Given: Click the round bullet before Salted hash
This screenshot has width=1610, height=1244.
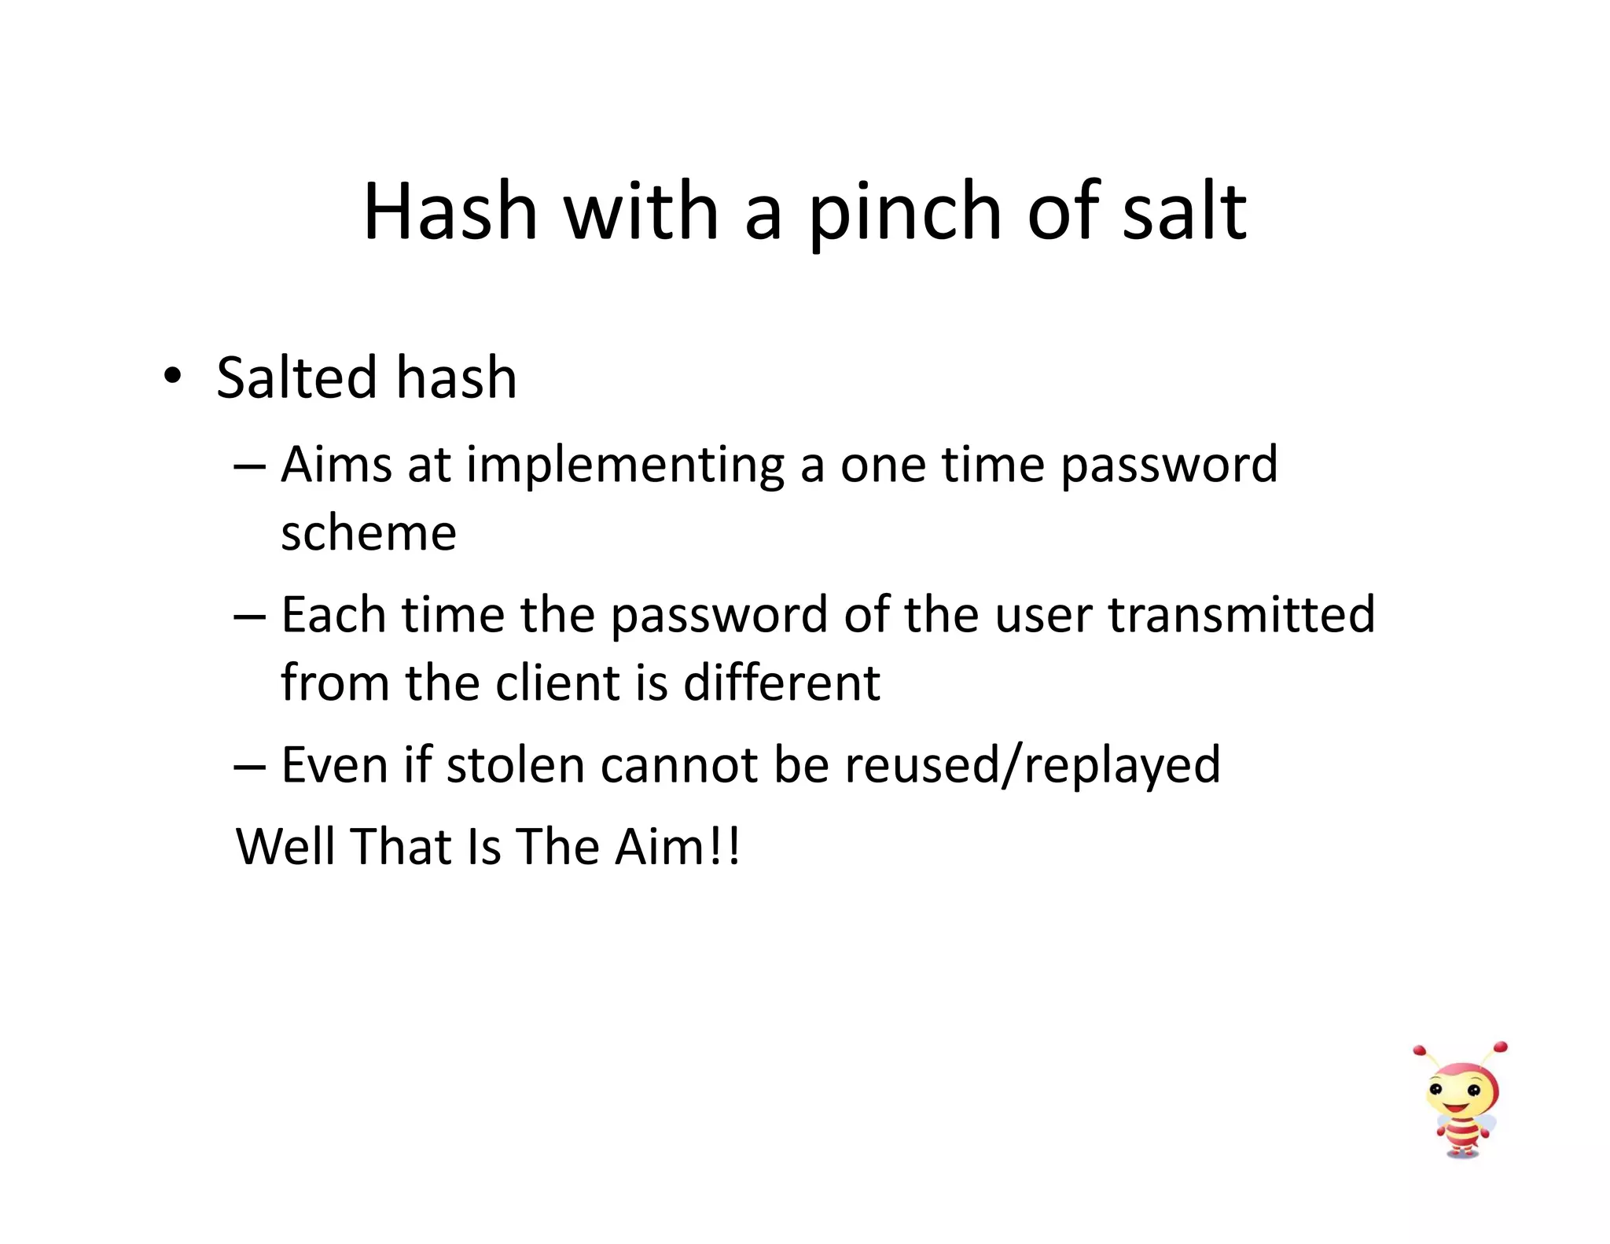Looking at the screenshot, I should [x=172, y=376].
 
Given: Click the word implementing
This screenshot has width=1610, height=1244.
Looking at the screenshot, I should [x=625, y=466].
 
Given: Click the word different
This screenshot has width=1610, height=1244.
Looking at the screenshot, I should [x=781, y=682].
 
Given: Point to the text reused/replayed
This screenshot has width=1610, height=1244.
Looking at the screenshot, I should [x=1032, y=766].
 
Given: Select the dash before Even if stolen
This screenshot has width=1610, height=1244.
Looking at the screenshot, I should [x=249, y=766].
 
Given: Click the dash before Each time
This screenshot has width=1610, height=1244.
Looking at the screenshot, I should [x=249, y=616].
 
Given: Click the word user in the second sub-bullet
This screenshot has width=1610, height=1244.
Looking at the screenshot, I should [x=1043, y=616].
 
